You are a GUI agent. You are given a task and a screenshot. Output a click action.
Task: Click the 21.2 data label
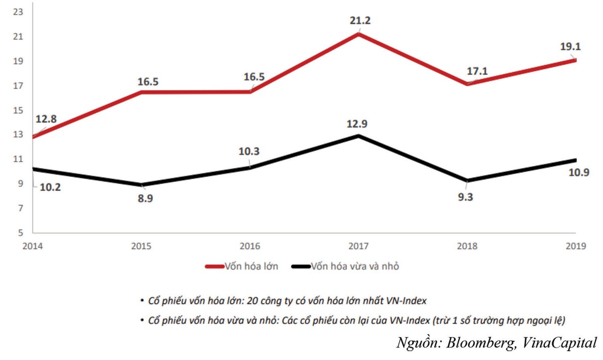pos(359,21)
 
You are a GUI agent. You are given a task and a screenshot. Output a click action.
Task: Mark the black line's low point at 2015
pos(142,185)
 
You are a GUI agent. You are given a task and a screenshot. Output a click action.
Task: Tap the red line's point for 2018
pos(467,83)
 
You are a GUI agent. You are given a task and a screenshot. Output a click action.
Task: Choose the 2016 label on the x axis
pos(250,246)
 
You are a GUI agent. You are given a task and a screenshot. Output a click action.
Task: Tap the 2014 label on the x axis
pos(33,246)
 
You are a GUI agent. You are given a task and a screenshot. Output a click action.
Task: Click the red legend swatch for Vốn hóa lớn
pos(217,266)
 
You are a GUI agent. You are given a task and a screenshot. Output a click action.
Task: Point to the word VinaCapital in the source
pos(556,343)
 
